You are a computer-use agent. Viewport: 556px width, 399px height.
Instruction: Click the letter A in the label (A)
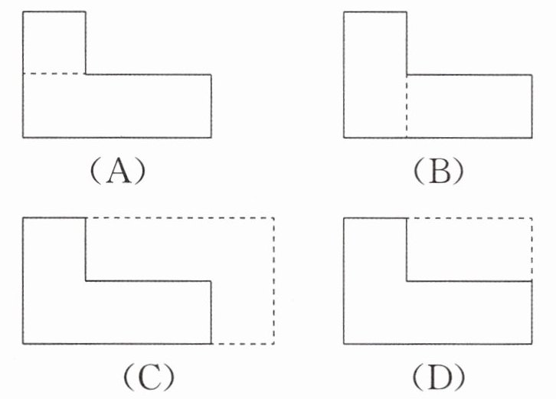click(x=119, y=172)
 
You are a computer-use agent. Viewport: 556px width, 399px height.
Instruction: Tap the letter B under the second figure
click(x=439, y=172)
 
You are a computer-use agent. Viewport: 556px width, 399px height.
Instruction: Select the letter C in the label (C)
click(x=149, y=377)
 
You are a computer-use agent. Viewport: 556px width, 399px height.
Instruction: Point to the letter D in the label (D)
click(x=440, y=377)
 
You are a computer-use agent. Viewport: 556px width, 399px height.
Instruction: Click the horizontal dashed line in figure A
click(x=54, y=74)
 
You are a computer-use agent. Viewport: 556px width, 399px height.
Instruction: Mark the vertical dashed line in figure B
click(x=407, y=106)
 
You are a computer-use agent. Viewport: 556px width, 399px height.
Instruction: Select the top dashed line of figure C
click(x=180, y=217)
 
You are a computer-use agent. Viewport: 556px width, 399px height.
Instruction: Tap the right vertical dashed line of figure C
click(x=273, y=280)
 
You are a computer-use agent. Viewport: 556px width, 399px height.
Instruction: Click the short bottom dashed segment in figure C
click(x=243, y=344)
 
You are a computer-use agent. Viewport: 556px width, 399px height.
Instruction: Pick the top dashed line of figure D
click(x=469, y=217)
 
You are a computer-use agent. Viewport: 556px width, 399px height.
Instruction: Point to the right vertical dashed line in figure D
click(x=531, y=250)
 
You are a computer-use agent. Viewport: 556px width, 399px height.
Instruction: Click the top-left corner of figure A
click(x=23, y=11)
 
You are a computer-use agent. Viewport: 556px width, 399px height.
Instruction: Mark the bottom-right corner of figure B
click(x=532, y=138)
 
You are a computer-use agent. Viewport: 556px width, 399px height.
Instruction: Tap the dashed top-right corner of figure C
click(x=273, y=217)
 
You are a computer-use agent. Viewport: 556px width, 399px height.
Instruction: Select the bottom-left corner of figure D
click(x=344, y=344)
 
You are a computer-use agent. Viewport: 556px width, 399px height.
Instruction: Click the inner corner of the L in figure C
click(x=86, y=281)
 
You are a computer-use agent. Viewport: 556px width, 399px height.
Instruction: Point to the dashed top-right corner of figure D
click(x=531, y=217)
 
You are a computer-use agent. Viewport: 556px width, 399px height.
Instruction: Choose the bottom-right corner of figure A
click(x=211, y=137)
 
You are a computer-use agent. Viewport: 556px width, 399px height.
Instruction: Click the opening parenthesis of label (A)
click(x=96, y=172)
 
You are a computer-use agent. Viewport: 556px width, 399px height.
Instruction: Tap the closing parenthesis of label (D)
click(x=460, y=377)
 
